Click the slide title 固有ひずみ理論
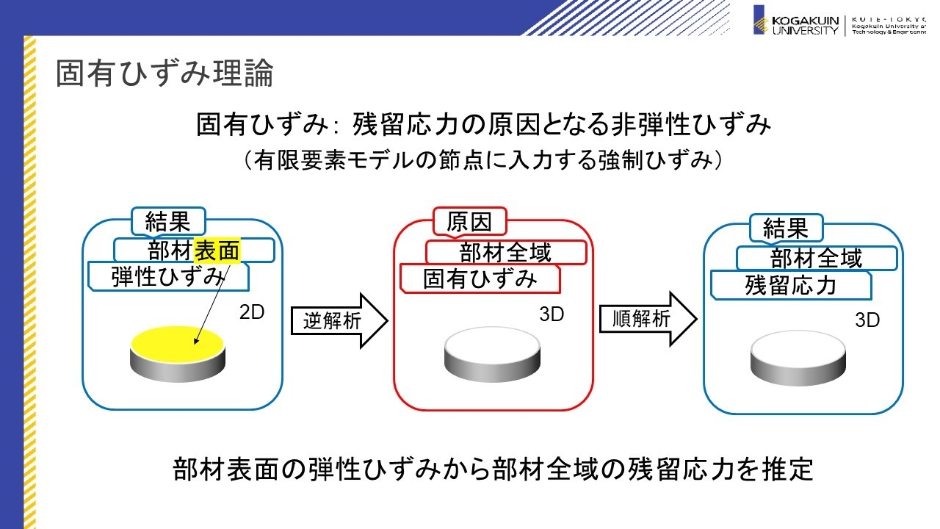[x=164, y=74]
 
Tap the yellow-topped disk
[x=178, y=351]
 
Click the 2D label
[x=251, y=313]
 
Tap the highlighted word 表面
[x=217, y=251]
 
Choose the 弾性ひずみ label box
[x=168, y=276]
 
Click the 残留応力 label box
[x=791, y=285]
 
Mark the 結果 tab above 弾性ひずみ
[x=168, y=220]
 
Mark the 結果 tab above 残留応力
[x=786, y=228]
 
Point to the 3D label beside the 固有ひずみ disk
[x=552, y=314]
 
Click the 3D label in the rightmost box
[x=867, y=320]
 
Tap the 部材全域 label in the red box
[x=506, y=253]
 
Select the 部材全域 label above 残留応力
[x=817, y=258]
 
